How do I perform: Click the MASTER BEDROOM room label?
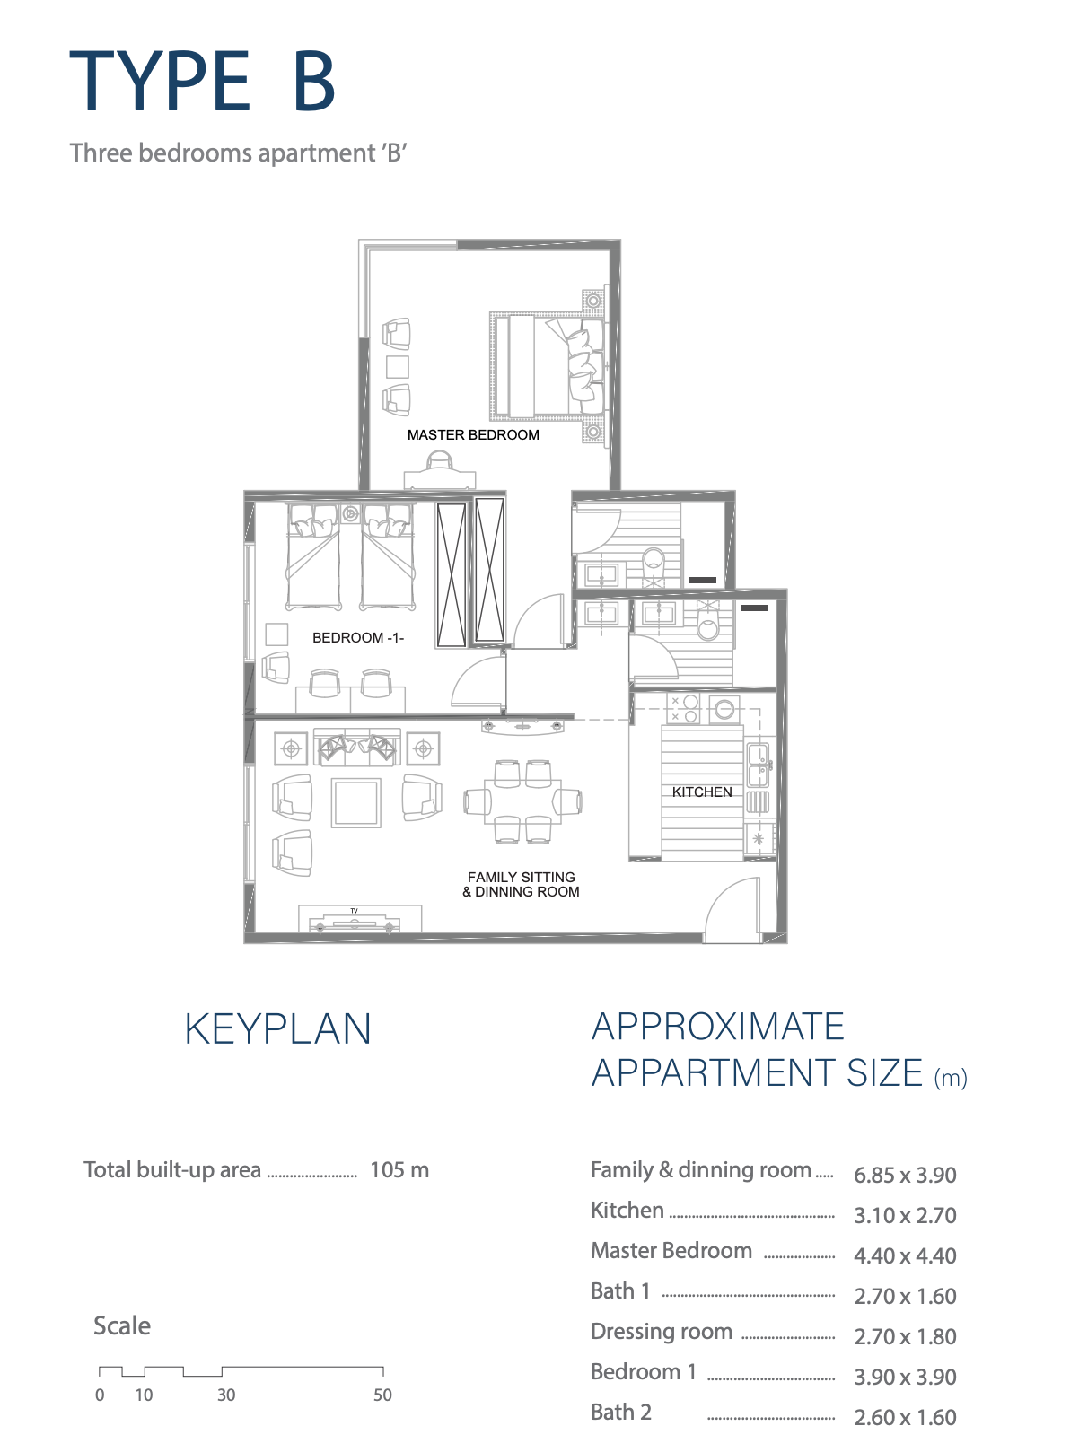click(473, 434)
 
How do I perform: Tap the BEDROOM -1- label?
click(357, 638)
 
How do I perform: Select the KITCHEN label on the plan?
click(702, 792)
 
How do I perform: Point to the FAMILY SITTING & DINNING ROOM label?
click(521, 885)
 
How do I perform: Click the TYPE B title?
click(203, 81)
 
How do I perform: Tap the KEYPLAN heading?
click(277, 1029)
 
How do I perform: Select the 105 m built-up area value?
click(399, 1170)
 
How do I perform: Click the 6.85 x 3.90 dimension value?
click(905, 1175)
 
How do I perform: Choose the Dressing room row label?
click(661, 1331)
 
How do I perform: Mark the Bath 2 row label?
click(621, 1413)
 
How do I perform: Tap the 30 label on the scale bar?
click(226, 1395)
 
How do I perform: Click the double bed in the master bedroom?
click(547, 367)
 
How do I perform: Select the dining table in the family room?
click(522, 800)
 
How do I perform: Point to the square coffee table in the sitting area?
click(355, 802)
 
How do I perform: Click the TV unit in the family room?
click(360, 918)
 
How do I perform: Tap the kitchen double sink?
click(758, 765)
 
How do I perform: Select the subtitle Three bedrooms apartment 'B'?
click(239, 153)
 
